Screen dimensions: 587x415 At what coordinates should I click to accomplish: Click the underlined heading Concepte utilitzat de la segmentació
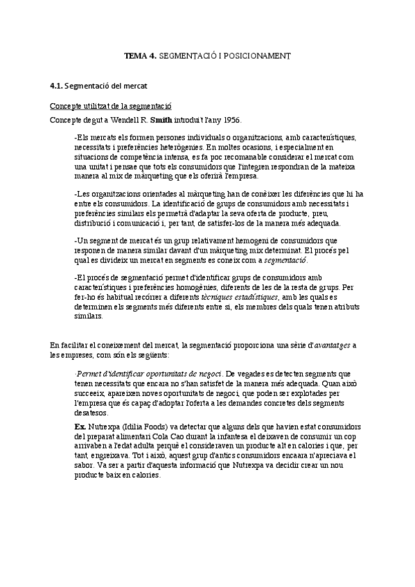(x=111, y=106)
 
